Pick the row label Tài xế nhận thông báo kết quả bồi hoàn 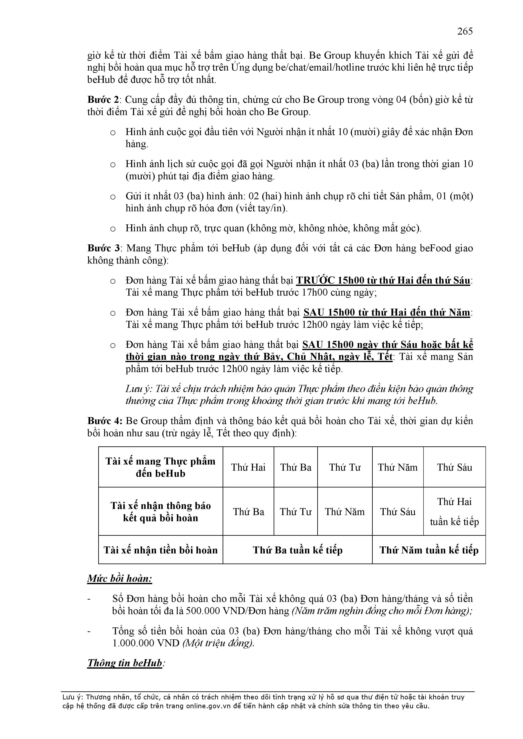[160, 512]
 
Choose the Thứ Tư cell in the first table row [345, 467]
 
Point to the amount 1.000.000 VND [146, 643]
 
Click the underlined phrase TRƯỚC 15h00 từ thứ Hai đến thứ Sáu [383, 281]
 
